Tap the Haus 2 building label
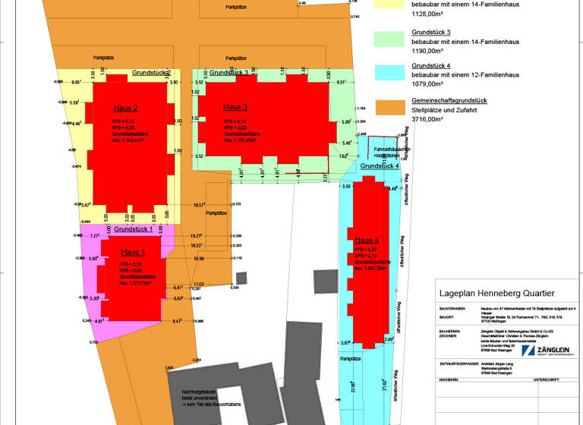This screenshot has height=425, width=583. pyautogui.click(x=125, y=108)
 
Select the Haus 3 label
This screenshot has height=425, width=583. pyautogui.click(x=235, y=107)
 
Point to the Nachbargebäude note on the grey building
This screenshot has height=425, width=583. pyautogui.click(x=199, y=395)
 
